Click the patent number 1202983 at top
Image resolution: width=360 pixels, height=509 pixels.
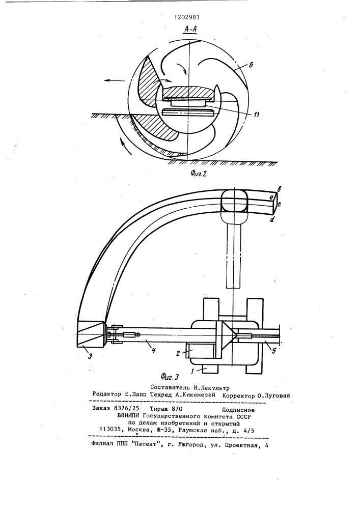click(187, 18)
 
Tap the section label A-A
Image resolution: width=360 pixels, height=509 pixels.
click(190, 29)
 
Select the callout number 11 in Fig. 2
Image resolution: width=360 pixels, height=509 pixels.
click(256, 115)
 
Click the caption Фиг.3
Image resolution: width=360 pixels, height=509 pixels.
click(170, 377)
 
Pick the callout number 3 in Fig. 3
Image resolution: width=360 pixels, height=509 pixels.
click(91, 356)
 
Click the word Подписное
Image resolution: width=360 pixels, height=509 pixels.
click(238, 410)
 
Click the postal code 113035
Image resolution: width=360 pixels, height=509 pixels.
click(110, 430)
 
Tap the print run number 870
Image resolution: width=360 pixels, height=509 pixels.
click(176, 409)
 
